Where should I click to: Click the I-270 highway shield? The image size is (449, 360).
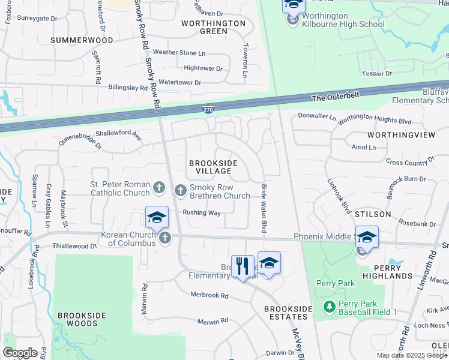pos(205,109)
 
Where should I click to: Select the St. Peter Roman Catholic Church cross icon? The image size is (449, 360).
pos(159,188)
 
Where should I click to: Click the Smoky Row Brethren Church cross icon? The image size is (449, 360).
pos(181,191)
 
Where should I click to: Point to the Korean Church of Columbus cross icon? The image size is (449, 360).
pos(165,238)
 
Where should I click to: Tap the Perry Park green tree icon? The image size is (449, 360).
pos(329,307)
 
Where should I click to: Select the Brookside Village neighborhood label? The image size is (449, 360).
pos(213,167)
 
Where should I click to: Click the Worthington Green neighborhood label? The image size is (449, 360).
pos(214,28)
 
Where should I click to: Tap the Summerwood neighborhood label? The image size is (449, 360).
pos(82,40)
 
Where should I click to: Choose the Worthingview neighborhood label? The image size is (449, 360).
pos(406,135)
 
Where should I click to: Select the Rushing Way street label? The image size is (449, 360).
pos(202,212)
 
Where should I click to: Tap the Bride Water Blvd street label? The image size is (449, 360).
pos(263,209)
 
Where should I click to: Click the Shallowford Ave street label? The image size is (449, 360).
pos(118,136)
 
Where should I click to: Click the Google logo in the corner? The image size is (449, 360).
pos(20,353)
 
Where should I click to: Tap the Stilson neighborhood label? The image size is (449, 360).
pos(373,214)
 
